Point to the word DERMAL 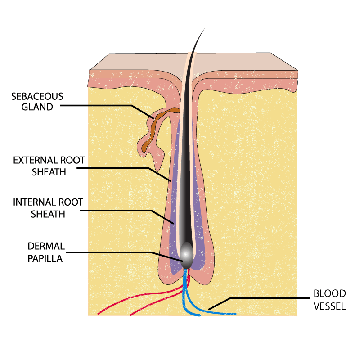tap(46, 246)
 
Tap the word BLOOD tap(329, 294)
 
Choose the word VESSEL tap(329, 306)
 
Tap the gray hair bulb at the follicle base tap(186, 253)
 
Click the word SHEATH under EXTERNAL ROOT tap(49, 171)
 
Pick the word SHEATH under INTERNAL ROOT tap(48, 214)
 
